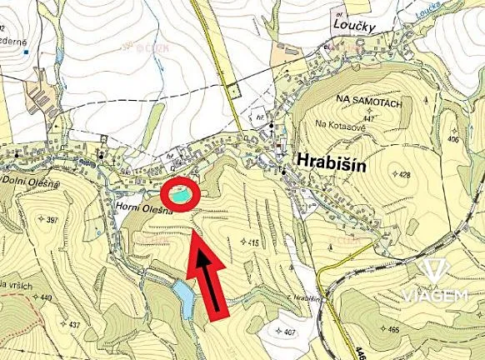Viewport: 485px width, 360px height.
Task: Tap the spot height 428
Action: (405, 175)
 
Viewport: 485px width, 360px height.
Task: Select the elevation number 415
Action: (253, 242)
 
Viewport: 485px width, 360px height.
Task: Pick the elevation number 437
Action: (75, 324)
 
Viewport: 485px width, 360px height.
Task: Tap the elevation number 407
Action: (288, 332)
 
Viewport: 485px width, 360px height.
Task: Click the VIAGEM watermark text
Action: (432, 295)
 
